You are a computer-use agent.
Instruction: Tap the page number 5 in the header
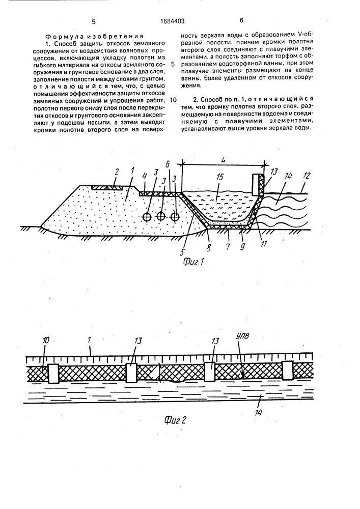tap(94, 21)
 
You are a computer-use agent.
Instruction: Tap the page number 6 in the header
tap(241, 21)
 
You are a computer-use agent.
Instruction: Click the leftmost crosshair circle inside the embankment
tap(147, 217)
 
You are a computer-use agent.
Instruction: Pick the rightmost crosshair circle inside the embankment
tap(175, 217)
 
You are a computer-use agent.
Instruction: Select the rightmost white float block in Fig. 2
tap(288, 370)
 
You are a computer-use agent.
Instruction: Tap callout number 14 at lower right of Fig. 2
tap(259, 411)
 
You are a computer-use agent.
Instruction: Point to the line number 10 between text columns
tap(174, 100)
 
